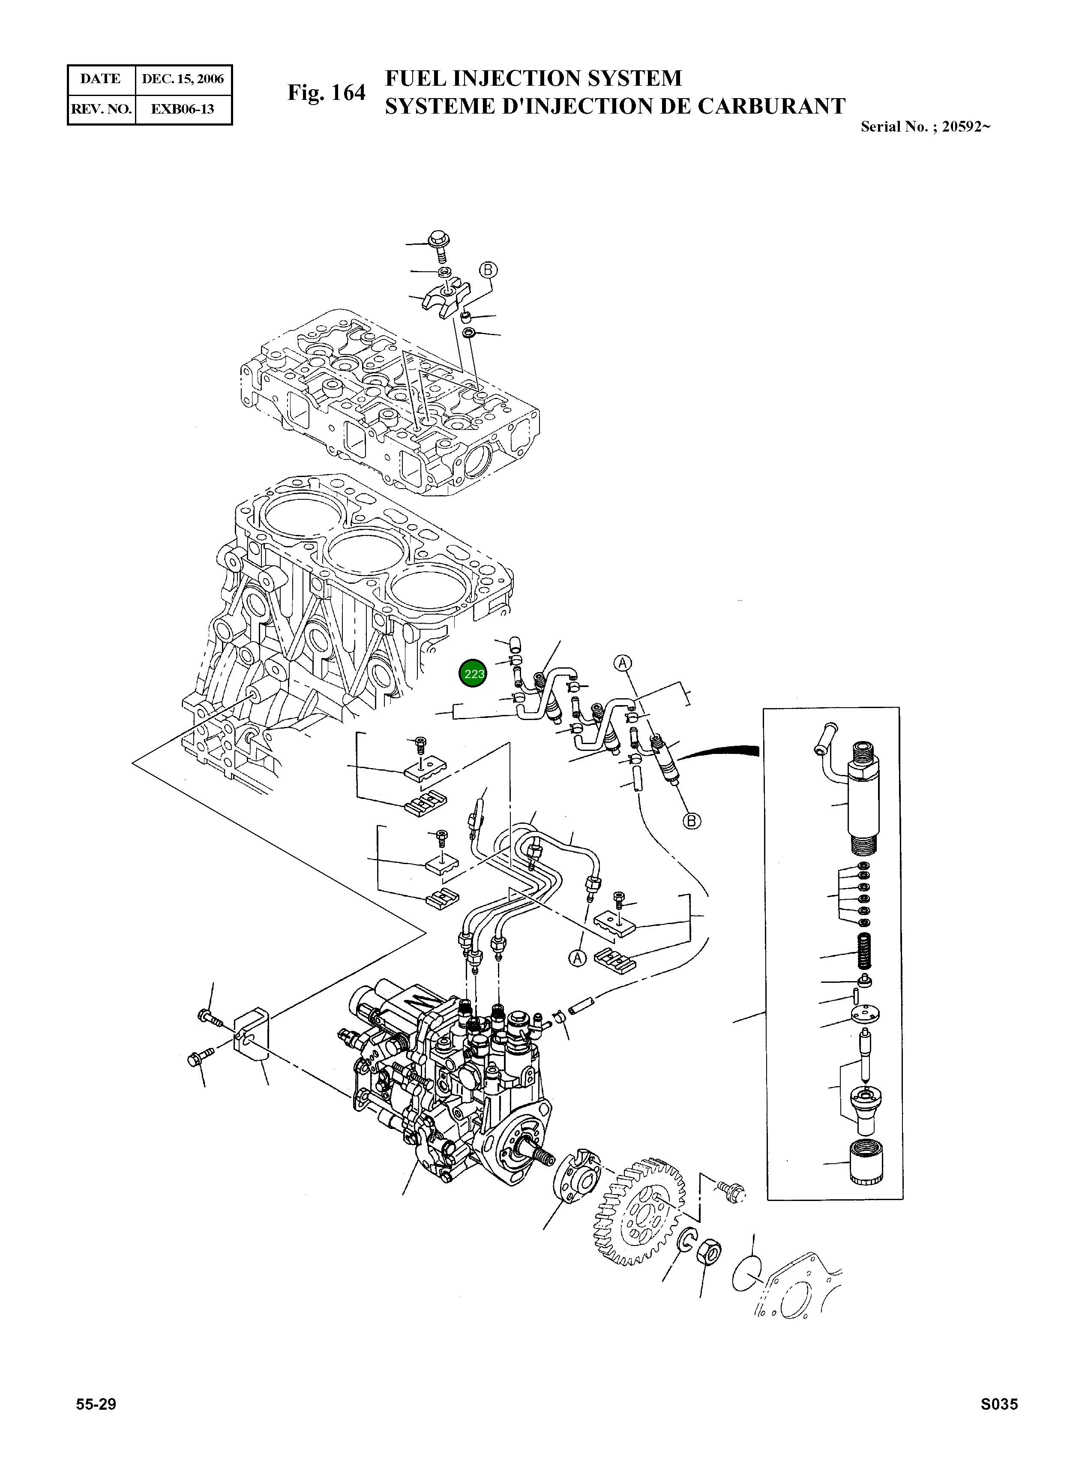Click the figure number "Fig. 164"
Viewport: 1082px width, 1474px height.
click(326, 93)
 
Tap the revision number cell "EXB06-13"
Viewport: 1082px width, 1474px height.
click(182, 109)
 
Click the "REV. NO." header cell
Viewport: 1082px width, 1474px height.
click(102, 109)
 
